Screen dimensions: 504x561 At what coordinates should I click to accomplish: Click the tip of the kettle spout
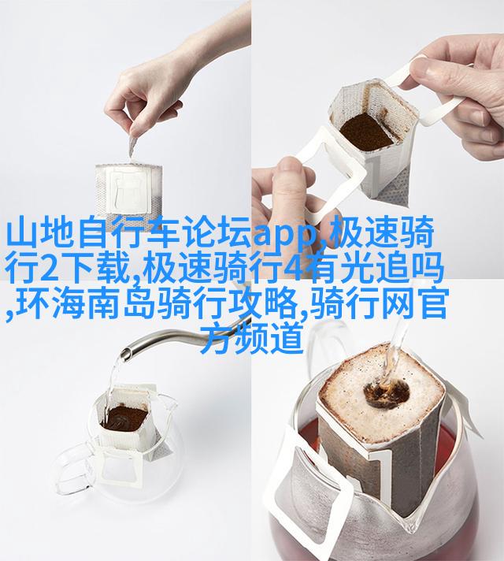[126, 355]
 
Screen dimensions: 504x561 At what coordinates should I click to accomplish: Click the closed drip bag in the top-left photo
[129, 191]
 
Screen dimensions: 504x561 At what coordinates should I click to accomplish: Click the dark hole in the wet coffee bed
[387, 394]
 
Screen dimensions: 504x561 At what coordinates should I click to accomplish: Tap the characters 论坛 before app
[217, 234]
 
